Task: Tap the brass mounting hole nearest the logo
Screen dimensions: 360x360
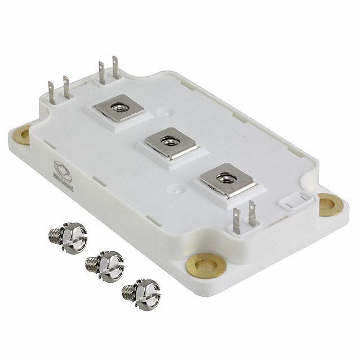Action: point(22,135)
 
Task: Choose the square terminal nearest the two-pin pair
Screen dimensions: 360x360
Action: point(225,179)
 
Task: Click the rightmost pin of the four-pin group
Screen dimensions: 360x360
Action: point(116,68)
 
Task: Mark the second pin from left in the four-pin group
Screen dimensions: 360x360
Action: point(66,88)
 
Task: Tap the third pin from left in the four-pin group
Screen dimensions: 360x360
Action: point(103,73)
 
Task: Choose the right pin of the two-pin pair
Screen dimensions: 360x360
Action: point(252,215)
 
